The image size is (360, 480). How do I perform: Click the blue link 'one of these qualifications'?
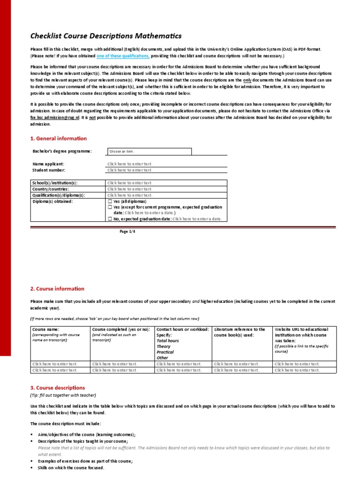(x=123, y=56)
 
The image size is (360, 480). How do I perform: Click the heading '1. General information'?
(x=59, y=138)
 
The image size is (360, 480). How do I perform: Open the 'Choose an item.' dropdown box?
(x=150, y=151)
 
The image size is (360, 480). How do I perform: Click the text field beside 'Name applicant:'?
(x=167, y=164)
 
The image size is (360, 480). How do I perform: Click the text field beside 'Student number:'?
(x=167, y=170)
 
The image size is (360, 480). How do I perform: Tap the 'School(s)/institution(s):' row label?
(x=55, y=183)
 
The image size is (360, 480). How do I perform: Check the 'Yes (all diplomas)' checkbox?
(x=110, y=201)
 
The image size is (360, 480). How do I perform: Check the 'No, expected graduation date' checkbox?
(x=110, y=219)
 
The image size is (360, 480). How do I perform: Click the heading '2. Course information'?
(x=57, y=289)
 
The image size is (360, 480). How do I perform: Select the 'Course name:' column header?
(x=45, y=330)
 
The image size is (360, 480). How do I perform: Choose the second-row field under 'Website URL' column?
(x=304, y=370)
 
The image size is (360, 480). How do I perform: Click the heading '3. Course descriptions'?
(x=58, y=388)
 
